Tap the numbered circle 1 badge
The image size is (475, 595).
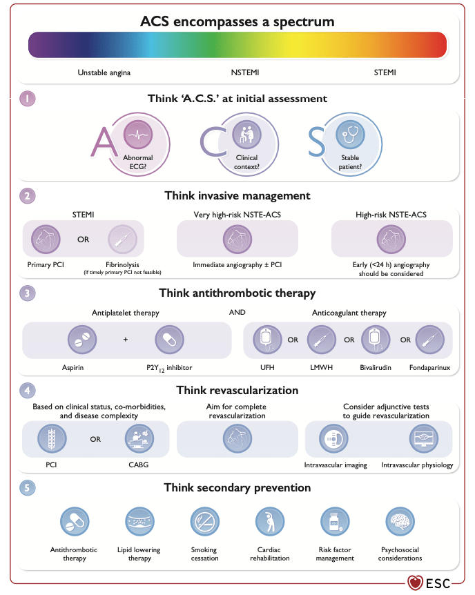pyautogui.click(x=27, y=99)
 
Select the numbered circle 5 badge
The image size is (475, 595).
pyautogui.click(x=27, y=488)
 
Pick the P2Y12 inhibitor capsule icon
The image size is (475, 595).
pyautogui.click(x=166, y=340)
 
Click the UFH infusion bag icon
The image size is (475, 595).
pyautogui.click(x=266, y=340)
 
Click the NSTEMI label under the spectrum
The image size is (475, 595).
pyautogui.click(x=244, y=71)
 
